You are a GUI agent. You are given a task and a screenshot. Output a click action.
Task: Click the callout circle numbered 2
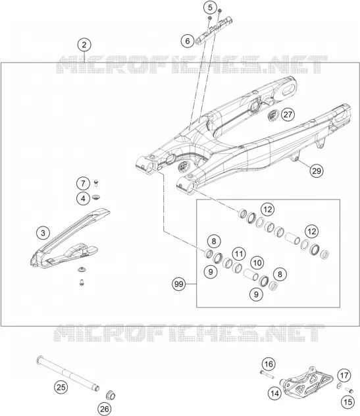(84, 45)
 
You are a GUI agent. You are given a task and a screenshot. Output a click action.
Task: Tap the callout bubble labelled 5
(210, 8)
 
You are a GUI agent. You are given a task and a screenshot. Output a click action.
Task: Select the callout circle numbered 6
(188, 41)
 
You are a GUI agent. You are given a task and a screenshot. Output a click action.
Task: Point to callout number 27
(288, 115)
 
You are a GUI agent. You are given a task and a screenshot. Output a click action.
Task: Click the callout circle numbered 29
(317, 170)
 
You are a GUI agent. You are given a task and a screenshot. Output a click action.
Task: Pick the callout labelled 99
(179, 284)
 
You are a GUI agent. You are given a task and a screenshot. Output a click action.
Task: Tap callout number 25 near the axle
(61, 387)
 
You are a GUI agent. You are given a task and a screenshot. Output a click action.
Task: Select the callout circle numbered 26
(104, 409)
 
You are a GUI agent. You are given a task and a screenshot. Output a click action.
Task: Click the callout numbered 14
(274, 393)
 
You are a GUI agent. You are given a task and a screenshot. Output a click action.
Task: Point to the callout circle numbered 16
(269, 364)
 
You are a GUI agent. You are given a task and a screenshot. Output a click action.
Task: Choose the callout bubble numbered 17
(344, 375)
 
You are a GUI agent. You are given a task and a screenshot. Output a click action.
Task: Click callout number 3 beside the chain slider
(43, 233)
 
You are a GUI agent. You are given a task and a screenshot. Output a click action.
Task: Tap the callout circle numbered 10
(257, 263)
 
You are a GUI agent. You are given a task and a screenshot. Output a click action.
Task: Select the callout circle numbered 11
(239, 254)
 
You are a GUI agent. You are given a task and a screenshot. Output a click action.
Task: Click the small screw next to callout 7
(96, 183)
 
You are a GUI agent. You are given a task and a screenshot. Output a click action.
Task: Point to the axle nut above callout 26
(111, 396)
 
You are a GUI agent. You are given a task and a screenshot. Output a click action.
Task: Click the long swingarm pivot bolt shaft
(68, 373)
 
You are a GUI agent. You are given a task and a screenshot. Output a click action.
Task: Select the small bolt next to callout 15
(349, 390)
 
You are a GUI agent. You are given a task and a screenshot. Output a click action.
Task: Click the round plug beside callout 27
(273, 115)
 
